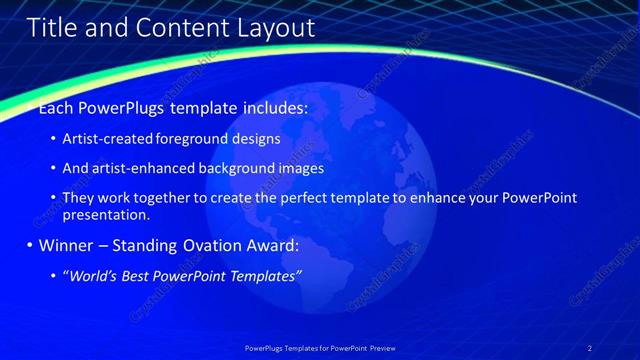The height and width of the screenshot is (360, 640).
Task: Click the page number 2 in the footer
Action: tap(590, 348)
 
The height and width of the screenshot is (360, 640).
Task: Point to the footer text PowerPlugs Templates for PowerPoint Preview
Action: tap(320, 348)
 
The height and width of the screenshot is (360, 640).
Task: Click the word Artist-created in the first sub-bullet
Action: tap(103, 139)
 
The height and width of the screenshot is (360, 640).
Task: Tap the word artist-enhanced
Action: tap(137, 169)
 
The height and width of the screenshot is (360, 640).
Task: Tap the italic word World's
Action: tap(93, 275)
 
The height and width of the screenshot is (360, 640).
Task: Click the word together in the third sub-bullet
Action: tap(161, 198)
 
